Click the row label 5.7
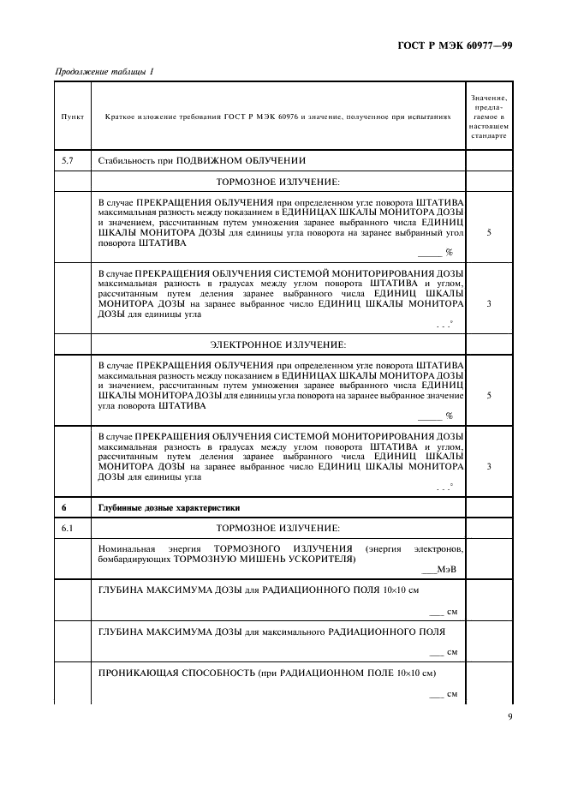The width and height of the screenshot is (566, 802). (x=68, y=160)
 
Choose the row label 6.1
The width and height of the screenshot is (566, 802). (x=68, y=527)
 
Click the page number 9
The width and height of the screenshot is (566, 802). (x=509, y=718)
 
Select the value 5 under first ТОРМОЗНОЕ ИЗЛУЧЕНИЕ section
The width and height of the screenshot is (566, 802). (x=488, y=231)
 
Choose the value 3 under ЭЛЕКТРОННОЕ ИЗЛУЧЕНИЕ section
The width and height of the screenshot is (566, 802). (x=488, y=466)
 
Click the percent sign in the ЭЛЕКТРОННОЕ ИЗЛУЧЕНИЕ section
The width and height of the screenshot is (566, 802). (x=448, y=416)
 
